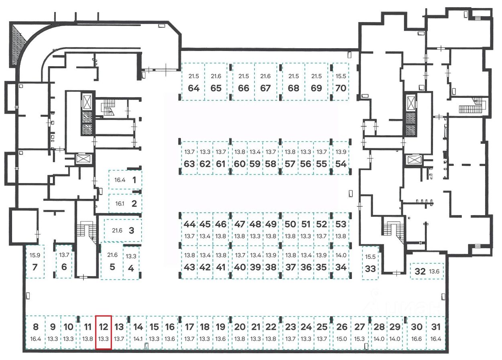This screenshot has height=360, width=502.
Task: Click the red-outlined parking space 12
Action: click(103, 332)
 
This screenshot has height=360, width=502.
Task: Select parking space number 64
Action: click(193, 82)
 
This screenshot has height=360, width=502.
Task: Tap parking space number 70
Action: click(341, 82)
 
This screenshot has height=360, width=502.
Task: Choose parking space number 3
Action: click(122, 230)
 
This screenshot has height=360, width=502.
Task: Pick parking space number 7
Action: click(35, 261)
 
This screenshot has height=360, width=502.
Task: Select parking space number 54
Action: click(341, 158)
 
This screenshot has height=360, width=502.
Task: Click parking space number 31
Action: click(436, 332)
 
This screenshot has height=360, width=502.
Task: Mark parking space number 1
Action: click(125, 180)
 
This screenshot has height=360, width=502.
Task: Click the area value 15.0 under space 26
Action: click(341, 339)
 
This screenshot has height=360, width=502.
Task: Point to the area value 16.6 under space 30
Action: click(417, 339)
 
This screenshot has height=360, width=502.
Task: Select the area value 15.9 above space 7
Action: click(35, 255)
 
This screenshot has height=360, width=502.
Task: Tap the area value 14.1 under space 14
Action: click(138, 339)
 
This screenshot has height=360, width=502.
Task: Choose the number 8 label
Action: click(35, 327)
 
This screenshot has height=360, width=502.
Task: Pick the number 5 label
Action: click(112, 267)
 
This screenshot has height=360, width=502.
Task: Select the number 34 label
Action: click(341, 267)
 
